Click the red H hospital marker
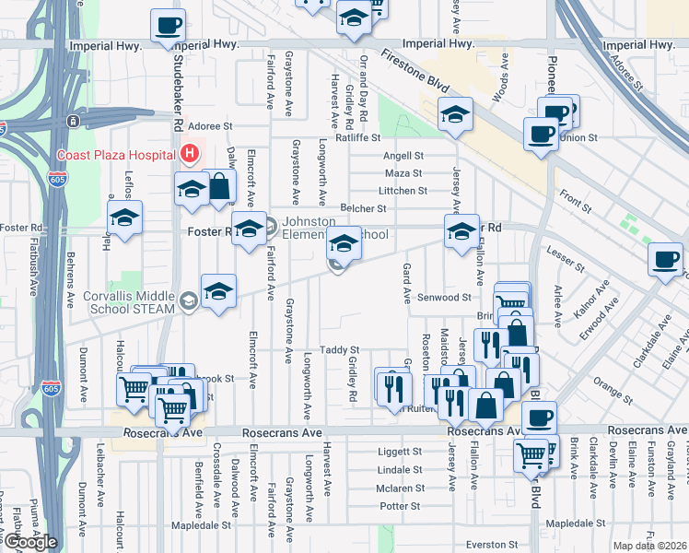[190, 153]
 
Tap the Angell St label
[403, 157]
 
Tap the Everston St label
[487, 545]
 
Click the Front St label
[576, 195]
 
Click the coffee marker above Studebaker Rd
[168, 25]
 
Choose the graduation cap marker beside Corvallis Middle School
[218, 291]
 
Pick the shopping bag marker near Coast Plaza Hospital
[219, 186]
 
